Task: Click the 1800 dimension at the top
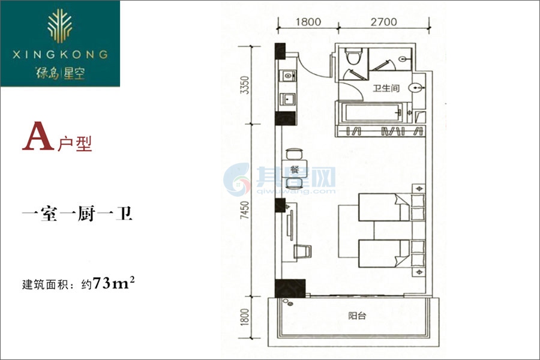308,22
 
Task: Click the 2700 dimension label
383,22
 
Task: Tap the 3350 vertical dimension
245,85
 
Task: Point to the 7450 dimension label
245,210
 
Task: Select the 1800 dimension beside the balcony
245,317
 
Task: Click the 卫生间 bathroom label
386,88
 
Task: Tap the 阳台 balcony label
357,316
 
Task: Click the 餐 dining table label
295,169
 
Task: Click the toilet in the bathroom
353,56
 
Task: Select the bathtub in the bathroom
373,112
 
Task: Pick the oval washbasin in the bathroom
416,88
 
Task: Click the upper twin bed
384,207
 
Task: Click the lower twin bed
384,254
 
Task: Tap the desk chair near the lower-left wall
302,251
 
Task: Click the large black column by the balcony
290,289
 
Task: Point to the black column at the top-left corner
280,51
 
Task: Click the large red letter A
38,136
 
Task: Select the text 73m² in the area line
113,283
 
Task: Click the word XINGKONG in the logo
60,55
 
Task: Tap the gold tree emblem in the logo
60,25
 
